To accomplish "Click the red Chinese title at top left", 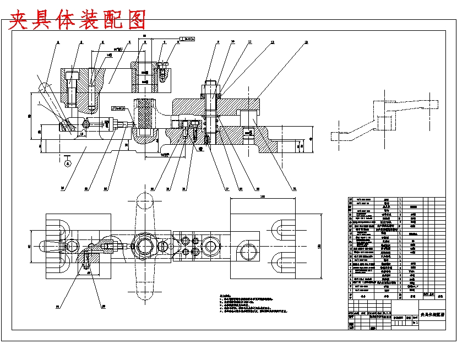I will tap(78, 20).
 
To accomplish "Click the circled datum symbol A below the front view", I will tap(67, 163).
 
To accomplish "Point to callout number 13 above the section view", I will tap(306, 42).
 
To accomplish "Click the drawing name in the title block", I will tap(432, 315).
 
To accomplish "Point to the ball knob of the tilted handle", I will tap(43, 87).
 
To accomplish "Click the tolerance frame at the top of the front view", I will tap(188, 39).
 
